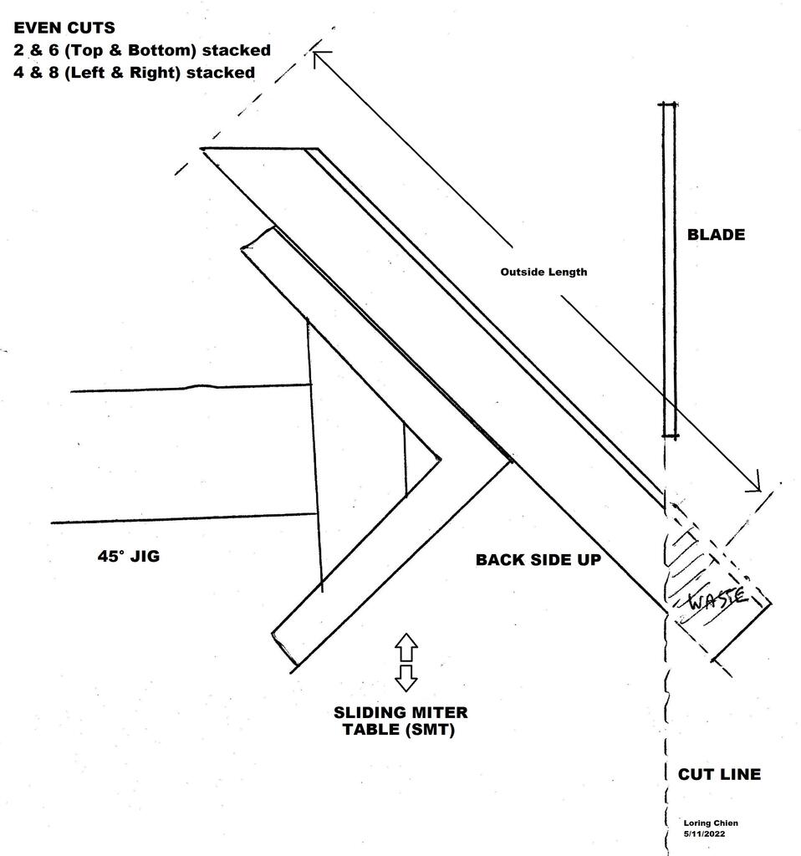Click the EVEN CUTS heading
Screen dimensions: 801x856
64,28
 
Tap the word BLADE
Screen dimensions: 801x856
716,235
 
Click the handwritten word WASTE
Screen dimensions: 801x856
717,598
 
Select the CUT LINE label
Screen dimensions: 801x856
719,774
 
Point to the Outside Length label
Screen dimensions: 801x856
543,272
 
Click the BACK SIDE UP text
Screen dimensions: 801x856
538,559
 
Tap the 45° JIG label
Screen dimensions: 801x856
129,556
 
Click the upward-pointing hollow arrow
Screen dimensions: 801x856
406,648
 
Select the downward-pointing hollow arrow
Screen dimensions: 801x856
406,678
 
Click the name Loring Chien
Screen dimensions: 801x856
711,823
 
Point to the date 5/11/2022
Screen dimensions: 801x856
704,834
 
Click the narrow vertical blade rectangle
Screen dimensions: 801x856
670,270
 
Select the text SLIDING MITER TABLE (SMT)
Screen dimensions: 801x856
400,721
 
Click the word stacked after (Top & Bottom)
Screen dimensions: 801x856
237,50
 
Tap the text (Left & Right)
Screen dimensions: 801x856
122,73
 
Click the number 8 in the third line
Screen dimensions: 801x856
54,73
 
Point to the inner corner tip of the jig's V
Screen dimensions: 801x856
440,459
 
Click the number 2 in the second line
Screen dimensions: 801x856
18,50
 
